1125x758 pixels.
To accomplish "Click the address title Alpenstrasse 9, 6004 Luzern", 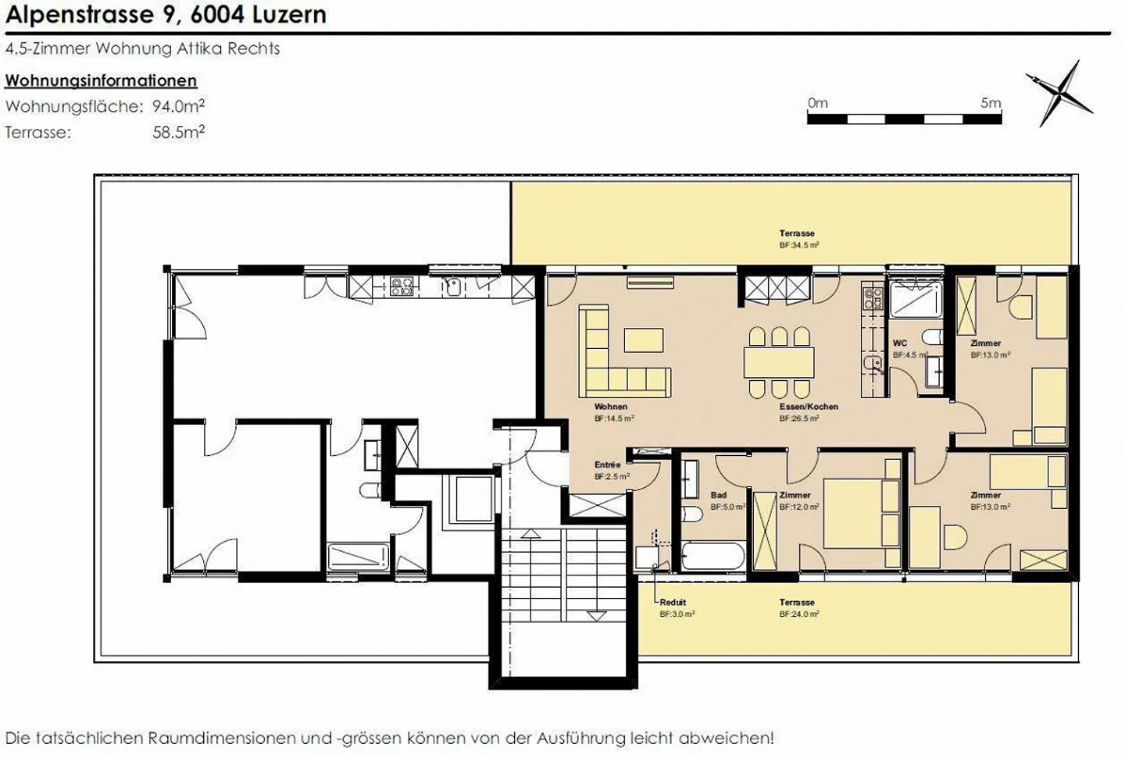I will [x=166, y=14].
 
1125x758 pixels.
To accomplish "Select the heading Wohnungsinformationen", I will [x=101, y=80].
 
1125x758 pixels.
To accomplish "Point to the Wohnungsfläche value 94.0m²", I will [x=178, y=106].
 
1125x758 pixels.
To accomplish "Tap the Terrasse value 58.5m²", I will [x=178, y=132].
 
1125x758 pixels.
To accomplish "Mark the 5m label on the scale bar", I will [x=990, y=103].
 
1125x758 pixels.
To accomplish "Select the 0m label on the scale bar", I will [x=817, y=103].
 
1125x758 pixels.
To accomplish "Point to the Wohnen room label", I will [x=610, y=407].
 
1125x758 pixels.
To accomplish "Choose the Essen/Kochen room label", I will [x=809, y=407].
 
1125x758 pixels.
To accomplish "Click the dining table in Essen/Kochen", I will [x=779, y=362].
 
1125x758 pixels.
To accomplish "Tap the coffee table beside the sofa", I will [x=644, y=340].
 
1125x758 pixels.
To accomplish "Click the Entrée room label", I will [x=607, y=465].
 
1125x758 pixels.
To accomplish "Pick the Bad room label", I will [x=718, y=495].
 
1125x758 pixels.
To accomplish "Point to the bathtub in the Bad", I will [x=713, y=557].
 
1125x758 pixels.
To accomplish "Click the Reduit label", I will [x=673, y=603].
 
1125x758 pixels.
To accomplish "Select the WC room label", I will [x=900, y=343].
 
